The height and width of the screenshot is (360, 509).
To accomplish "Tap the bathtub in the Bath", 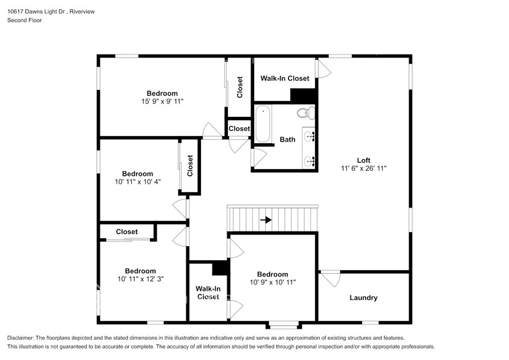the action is click(x=263, y=124).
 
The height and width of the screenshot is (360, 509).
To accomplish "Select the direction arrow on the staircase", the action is click(x=266, y=220).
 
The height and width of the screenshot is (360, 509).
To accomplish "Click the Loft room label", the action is click(x=364, y=160).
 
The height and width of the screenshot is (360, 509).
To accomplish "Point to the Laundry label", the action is click(x=363, y=298).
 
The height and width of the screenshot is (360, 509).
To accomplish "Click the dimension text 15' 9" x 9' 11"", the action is click(x=162, y=101).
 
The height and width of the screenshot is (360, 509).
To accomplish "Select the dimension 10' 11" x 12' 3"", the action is click(x=140, y=279).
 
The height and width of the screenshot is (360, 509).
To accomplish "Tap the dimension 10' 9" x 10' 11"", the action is click(x=273, y=282).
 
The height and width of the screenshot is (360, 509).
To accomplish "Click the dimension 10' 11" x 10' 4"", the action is click(x=138, y=182).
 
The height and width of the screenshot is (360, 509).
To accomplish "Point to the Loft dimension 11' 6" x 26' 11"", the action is click(x=364, y=168).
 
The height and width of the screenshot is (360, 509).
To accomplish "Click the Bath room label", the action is click(x=288, y=140).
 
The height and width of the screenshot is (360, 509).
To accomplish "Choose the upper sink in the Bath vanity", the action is click(x=309, y=136).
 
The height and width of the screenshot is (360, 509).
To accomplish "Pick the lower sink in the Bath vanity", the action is click(x=309, y=160).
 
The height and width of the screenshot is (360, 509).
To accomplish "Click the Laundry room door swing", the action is click(x=330, y=279).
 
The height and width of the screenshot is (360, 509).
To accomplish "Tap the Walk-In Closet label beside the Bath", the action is click(x=285, y=78).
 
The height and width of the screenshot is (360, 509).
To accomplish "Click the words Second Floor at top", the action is click(x=25, y=20).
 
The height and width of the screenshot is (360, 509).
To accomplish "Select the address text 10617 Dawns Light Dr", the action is click(x=37, y=12).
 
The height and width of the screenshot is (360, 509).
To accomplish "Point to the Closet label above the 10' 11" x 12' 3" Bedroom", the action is click(x=127, y=232).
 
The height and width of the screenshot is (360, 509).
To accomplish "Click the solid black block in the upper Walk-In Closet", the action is click(x=304, y=95).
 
